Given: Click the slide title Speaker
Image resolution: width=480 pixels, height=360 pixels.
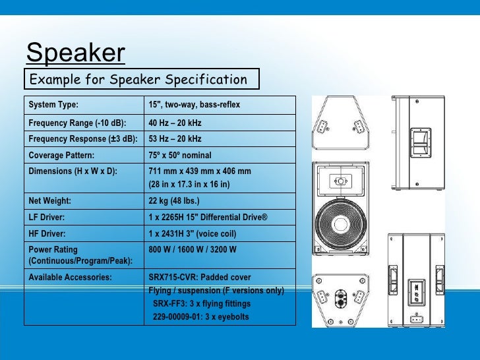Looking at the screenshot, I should pos(75,53).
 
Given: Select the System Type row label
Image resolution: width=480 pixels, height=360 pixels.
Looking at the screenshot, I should pos(53,105).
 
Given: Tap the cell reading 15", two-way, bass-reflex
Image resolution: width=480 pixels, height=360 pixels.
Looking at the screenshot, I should pos(194,105).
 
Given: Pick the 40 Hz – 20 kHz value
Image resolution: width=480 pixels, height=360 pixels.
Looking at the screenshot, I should pos(175,123).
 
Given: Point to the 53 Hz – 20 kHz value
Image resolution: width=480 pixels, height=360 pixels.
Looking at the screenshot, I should pos(175,139).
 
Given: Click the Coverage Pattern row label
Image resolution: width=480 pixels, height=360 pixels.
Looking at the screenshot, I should pos(61,156).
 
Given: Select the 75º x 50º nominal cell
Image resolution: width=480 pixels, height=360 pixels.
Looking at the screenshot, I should pos(179,156).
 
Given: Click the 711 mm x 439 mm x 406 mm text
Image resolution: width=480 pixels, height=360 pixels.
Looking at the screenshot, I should pos(199,171).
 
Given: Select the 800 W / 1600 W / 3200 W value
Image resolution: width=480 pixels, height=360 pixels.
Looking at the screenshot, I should pos(193,250).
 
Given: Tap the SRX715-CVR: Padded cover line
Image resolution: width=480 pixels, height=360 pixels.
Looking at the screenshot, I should pos(200,278).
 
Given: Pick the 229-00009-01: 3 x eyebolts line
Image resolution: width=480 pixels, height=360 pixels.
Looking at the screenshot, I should pos(201,317).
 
